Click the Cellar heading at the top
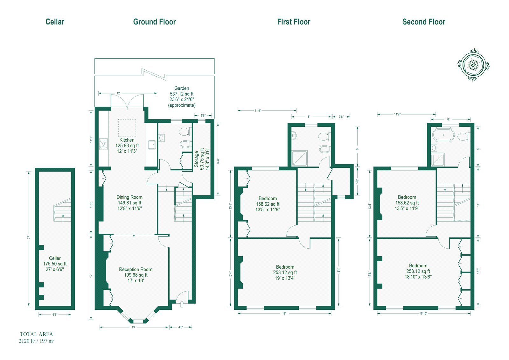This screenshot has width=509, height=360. click(x=55, y=22)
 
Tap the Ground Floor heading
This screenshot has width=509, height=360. click(x=155, y=22)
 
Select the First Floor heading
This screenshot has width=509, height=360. click(x=294, y=22)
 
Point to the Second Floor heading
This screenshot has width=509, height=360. click(x=424, y=22)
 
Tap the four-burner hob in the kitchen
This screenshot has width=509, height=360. click(x=103, y=144)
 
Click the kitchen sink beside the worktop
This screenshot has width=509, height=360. click(x=152, y=145)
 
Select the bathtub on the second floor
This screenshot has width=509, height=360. click(x=443, y=135)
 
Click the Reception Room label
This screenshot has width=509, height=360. click(x=136, y=270)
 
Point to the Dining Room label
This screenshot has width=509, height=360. click(x=129, y=197)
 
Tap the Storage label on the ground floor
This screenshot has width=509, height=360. click(x=196, y=159)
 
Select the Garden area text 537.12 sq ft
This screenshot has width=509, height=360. click(x=182, y=94)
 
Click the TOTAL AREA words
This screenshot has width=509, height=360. click(x=36, y=334)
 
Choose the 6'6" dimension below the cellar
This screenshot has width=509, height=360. click(x=55, y=315)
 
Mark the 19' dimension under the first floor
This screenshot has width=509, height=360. click(x=284, y=314)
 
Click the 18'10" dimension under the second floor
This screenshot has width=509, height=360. click(x=423, y=314)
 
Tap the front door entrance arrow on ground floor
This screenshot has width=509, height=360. click(x=182, y=304)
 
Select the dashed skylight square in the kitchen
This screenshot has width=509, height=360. click(x=127, y=128)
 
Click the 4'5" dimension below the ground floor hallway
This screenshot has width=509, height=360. click(x=181, y=327)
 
